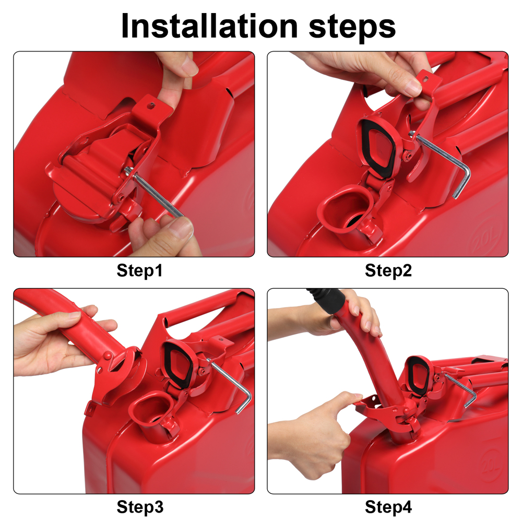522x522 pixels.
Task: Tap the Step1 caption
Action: pyautogui.click(x=140, y=271)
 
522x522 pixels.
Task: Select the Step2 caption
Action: pyautogui.click(x=388, y=271)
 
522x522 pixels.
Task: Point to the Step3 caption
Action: pyautogui.click(x=140, y=507)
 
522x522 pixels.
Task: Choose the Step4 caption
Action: pyautogui.click(x=388, y=507)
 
